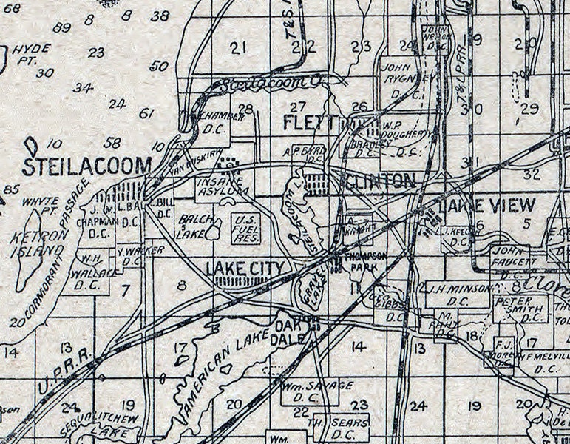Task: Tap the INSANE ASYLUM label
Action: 220,187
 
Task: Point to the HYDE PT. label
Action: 32,53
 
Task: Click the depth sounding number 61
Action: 146,113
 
